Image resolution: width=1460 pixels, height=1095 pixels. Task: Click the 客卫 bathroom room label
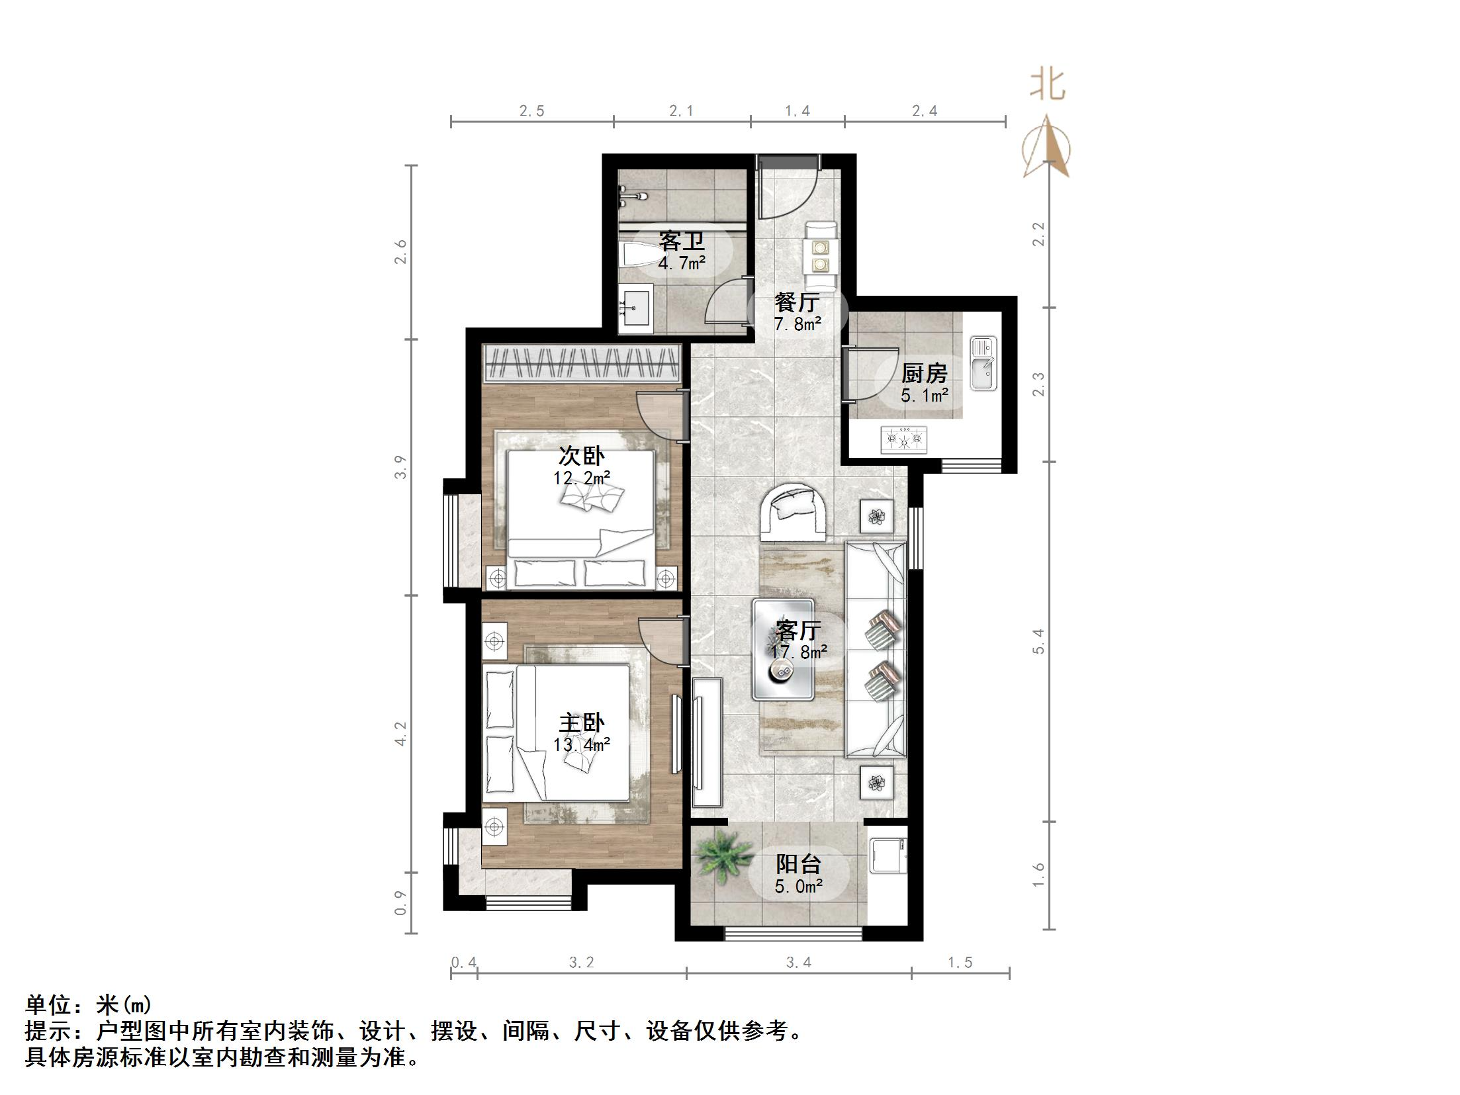point(681,241)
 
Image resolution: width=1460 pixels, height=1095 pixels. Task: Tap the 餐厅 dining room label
point(797,303)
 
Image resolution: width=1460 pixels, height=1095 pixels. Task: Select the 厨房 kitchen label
point(924,374)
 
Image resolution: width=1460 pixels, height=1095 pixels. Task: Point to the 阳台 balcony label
point(798,864)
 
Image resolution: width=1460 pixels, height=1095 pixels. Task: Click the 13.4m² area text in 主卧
point(582,745)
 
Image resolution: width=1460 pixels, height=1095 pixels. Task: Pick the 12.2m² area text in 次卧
point(582,478)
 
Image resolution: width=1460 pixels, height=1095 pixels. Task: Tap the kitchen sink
point(983,363)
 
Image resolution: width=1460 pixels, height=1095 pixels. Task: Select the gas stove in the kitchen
point(903,439)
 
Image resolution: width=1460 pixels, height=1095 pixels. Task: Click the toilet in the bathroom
point(639,255)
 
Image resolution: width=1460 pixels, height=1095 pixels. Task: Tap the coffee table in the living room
point(783,650)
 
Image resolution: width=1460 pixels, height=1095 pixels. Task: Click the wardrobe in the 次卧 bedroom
point(582,364)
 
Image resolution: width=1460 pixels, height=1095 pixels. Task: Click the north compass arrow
point(1046,149)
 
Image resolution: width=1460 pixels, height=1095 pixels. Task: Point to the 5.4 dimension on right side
point(1038,641)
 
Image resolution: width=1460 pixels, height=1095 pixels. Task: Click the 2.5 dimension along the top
point(531,111)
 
